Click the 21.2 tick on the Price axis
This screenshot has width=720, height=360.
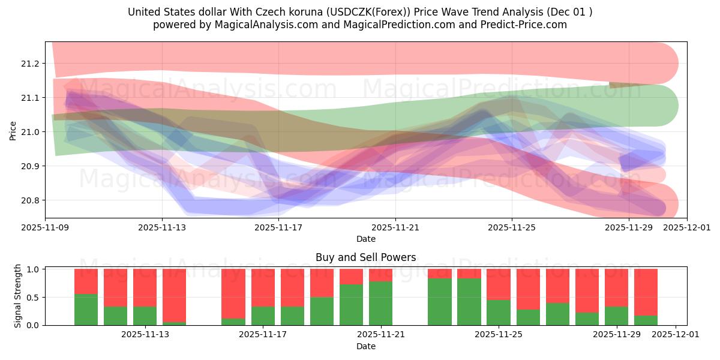31,64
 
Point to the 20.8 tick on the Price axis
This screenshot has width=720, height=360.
31,200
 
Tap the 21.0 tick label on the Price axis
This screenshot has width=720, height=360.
31,132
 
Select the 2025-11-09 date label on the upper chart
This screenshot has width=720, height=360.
46,227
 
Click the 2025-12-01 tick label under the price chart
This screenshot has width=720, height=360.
686,227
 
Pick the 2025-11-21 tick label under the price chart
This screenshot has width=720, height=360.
395,227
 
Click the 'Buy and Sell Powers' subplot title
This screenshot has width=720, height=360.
365,257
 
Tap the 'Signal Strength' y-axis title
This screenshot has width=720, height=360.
18,296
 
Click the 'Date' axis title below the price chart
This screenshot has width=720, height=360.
365,239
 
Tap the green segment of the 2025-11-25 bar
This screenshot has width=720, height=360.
498,313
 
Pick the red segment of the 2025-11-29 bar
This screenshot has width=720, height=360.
616,288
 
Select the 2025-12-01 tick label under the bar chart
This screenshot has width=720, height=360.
676,335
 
